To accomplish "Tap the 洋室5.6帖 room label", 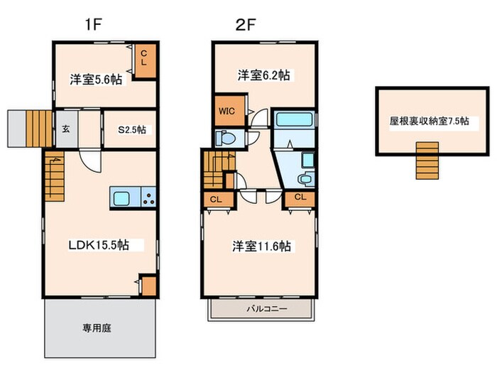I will click(x=94, y=80).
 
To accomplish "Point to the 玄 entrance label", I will click(x=65, y=129).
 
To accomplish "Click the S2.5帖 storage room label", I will click(x=131, y=129).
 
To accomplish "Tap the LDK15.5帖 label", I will click(x=98, y=244).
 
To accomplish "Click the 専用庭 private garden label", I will click(x=97, y=328).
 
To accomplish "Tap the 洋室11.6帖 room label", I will click(x=261, y=246).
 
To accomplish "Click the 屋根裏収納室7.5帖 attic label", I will click(x=428, y=121).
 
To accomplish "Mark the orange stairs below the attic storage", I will click(x=427, y=159).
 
